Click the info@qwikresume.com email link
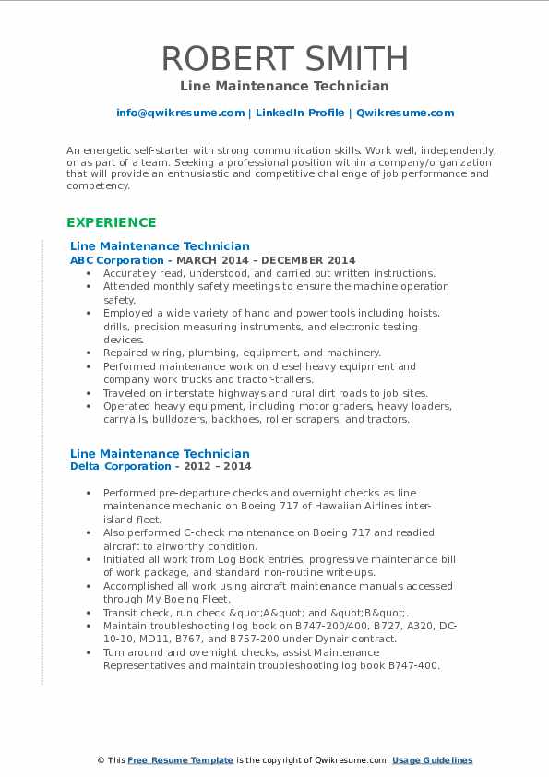pos(180,113)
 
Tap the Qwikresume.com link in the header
pos(405,113)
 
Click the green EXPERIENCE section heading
pos(111,222)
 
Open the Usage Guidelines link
pos(432,760)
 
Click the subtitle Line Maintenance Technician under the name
pos(284,86)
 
